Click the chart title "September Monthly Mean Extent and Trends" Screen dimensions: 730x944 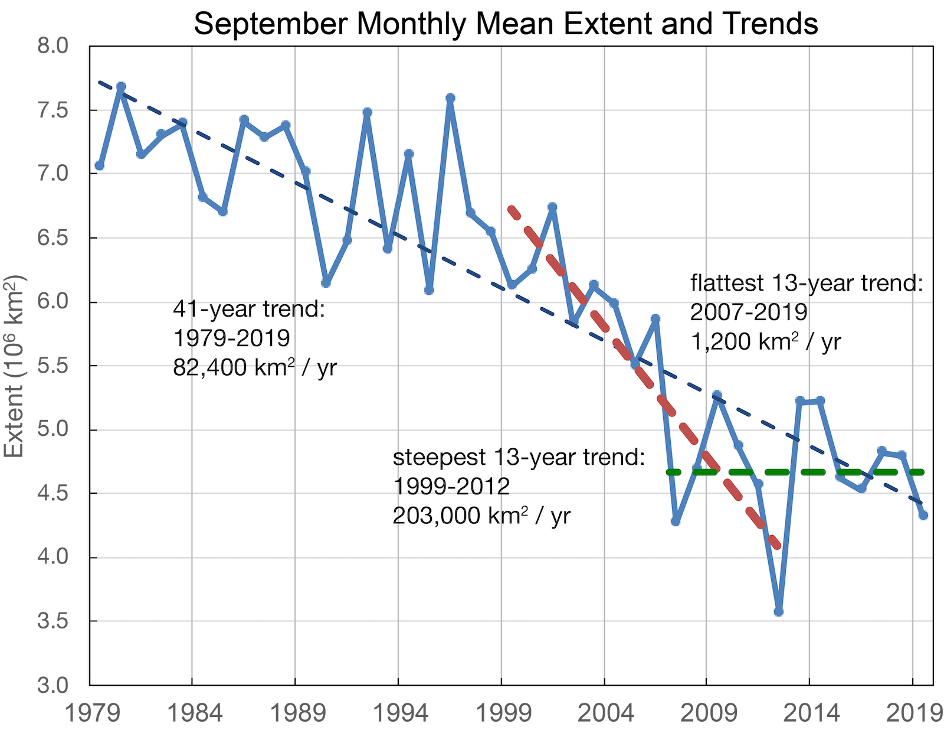click(x=506, y=24)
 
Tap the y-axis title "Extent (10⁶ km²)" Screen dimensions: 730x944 click(x=15, y=366)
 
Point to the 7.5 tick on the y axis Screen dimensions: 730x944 click(x=53, y=110)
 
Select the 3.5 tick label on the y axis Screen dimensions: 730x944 click(x=53, y=622)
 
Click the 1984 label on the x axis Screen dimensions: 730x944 click(x=195, y=713)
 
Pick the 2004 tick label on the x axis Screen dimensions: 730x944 click(x=606, y=713)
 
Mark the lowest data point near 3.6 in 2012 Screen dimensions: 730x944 click(x=778, y=612)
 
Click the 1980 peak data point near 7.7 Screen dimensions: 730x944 click(x=121, y=87)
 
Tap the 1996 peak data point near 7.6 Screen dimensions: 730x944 click(x=450, y=98)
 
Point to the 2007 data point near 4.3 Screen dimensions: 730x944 click(x=676, y=522)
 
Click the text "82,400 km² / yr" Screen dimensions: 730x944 click(x=255, y=367)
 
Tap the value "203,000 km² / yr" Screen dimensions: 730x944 click(x=481, y=516)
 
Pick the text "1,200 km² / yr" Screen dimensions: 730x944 click(x=765, y=341)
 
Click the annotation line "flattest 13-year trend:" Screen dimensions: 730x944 click(x=806, y=283)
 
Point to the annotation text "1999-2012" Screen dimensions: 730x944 click(x=451, y=486)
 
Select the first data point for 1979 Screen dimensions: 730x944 click(x=100, y=166)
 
